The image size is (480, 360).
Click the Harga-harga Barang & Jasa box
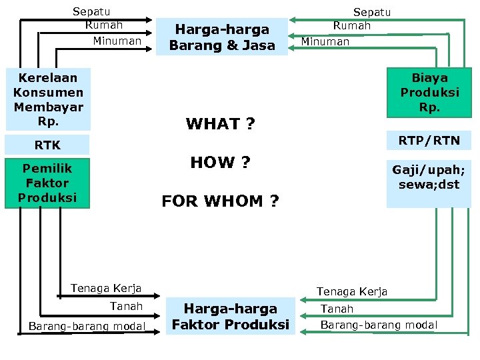pyautogui.click(x=222, y=37)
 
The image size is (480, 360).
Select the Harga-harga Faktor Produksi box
pyautogui.click(x=230, y=317)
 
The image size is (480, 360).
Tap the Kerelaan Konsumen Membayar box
pyautogui.click(x=48, y=99)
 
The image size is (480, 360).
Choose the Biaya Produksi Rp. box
pyautogui.click(x=429, y=92)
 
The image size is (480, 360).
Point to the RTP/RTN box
pyautogui.click(x=429, y=140)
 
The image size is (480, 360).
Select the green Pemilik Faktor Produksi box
pyautogui.click(x=47, y=183)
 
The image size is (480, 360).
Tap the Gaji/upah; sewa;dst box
pyautogui.click(x=429, y=178)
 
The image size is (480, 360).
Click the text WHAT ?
pyautogui.click(x=221, y=124)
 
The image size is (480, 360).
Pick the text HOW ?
pyautogui.click(x=221, y=163)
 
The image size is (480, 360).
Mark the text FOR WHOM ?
pyautogui.click(x=221, y=201)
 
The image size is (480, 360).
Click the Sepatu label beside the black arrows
pyautogui.click(x=91, y=11)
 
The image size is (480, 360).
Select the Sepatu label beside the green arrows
pyautogui.click(x=371, y=12)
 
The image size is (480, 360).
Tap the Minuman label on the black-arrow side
pyautogui.click(x=117, y=41)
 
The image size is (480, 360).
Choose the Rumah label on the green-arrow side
pyautogui.click(x=351, y=25)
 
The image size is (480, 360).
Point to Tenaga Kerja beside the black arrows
pyautogui.click(x=106, y=289)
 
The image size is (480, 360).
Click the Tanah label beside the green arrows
pyautogui.click(x=337, y=309)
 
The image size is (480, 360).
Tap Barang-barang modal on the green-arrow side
pyautogui.click(x=379, y=325)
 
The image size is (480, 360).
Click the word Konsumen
pyautogui.click(x=48, y=92)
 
